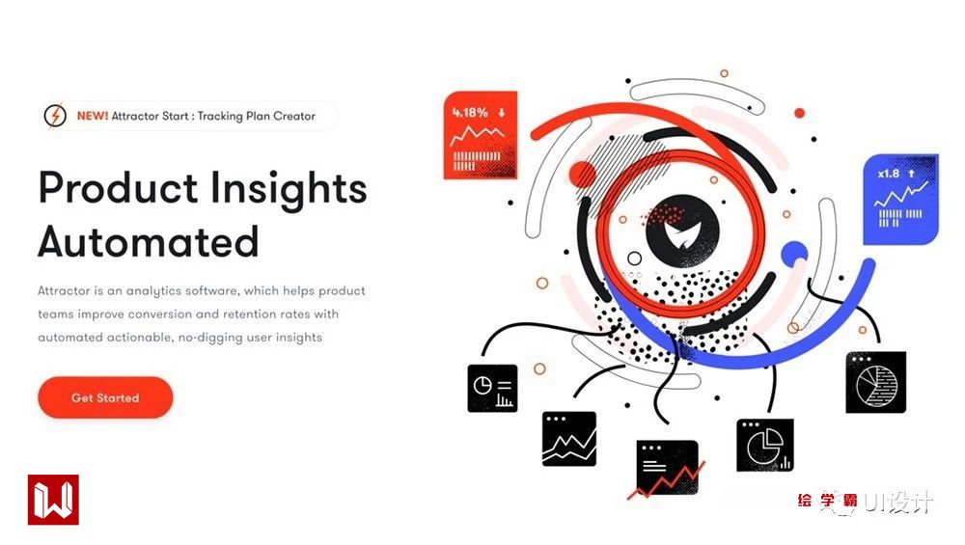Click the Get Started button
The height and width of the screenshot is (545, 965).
click(x=105, y=397)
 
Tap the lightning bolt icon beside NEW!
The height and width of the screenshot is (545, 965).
click(x=55, y=116)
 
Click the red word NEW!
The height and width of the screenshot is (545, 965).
click(x=93, y=116)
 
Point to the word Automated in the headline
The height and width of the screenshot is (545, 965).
click(x=149, y=242)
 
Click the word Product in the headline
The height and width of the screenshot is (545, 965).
click(x=118, y=187)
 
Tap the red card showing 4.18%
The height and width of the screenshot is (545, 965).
click(x=480, y=135)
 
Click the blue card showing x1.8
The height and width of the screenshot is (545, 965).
click(x=901, y=200)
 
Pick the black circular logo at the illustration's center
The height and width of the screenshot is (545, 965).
click(x=682, y=231)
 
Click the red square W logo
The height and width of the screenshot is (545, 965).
click(x=53, y=500)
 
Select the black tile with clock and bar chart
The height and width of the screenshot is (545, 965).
click(x=492, y=388)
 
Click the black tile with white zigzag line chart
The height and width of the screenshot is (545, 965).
click(x=569, y=439)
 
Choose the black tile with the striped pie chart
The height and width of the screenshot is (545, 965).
click(x=876, y=382)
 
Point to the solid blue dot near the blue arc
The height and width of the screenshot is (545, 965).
click(x=794, y=254)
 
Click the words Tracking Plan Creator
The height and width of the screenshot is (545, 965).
click(x=256, y=116)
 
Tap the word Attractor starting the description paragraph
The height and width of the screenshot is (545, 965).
click(x=64, y=290)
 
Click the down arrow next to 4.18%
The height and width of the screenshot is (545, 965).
click(x=502, y=113)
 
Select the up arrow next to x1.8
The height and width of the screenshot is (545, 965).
click(x=912, y=174)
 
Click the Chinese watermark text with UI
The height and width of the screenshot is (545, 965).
click(x=865, y=502)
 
